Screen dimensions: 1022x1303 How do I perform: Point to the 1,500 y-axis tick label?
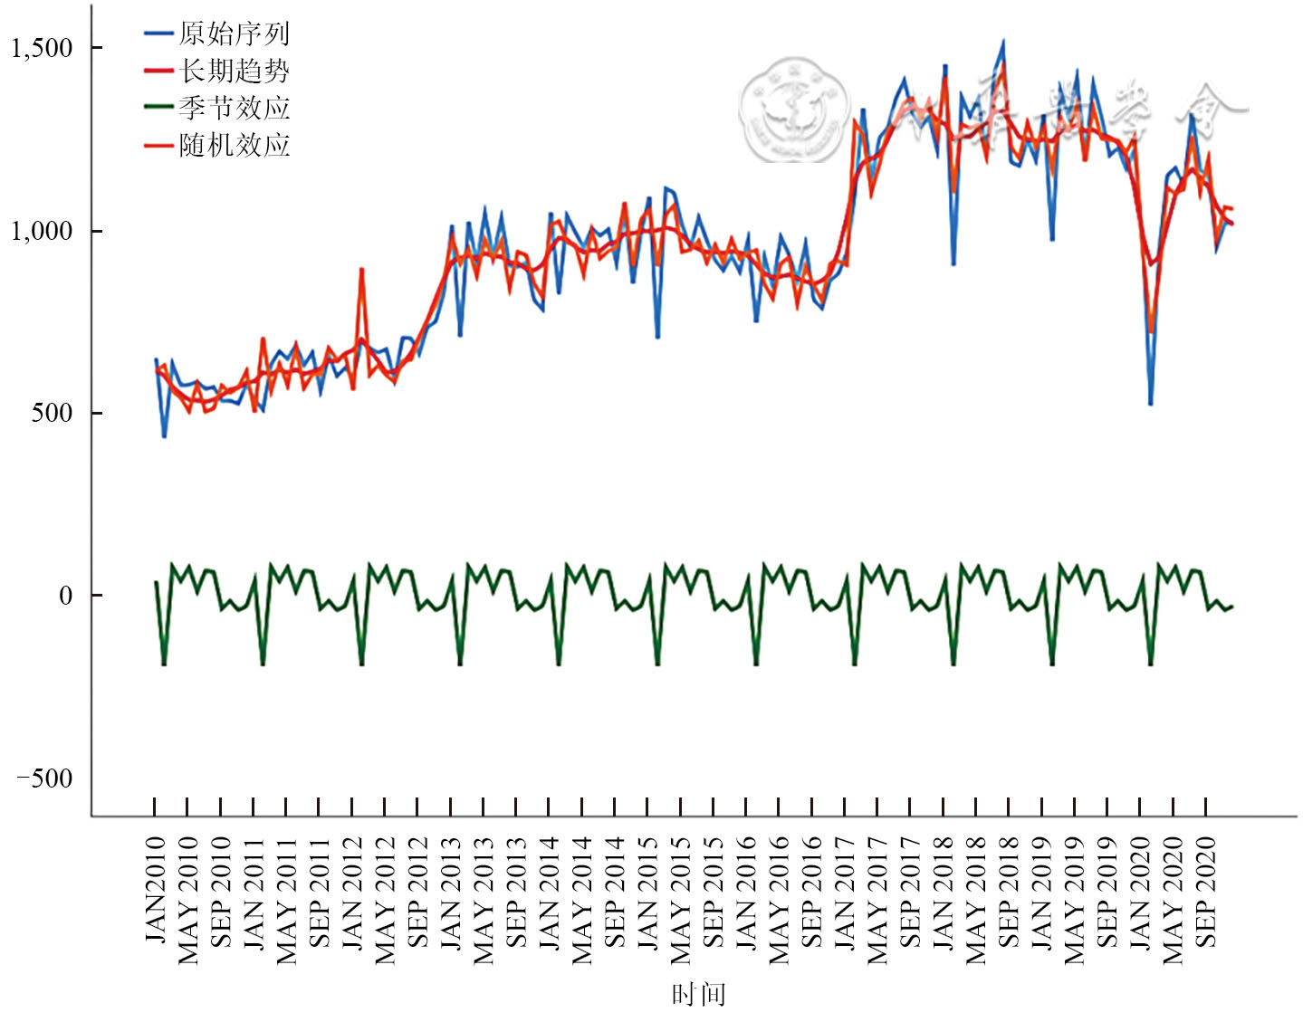[x=42, y=48]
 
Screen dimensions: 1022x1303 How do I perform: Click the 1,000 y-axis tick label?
[x=42, y=231]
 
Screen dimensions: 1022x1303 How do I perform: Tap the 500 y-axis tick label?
[x=53, y=413]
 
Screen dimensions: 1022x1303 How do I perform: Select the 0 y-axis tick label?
[x=65, y=596]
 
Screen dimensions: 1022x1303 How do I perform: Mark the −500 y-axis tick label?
[x=45, y=778]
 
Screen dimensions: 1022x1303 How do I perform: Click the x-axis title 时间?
[x=698, y=995]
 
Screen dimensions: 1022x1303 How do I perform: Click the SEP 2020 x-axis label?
[x=1206, y=892]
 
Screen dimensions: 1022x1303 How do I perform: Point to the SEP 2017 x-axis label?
[x=911, y=892]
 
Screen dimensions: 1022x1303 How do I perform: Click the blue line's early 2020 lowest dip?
[x=1151, y=404]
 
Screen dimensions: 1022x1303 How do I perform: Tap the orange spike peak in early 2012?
[x=361, y=269]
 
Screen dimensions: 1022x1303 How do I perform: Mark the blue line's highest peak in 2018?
[x=1002, y=42]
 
